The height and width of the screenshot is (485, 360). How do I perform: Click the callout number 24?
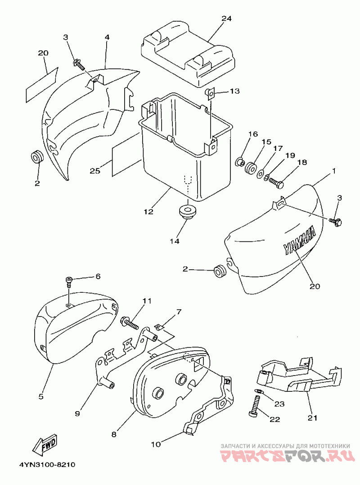[x=226, y=18]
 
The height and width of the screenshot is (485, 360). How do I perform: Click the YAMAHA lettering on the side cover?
[x=299, y=240]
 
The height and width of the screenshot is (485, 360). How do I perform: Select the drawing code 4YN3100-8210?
[x=47, y=465]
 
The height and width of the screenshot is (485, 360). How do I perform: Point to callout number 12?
[x=148, y=212]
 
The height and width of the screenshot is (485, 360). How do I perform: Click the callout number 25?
[x=95, y=170]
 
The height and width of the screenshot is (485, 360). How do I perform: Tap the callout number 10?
[x=156, y=444]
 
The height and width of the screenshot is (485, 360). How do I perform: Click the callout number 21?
[x=312, y=418]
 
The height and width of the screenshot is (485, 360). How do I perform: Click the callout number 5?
[x=41, y=396]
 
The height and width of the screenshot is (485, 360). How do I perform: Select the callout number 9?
[x=77, y=413]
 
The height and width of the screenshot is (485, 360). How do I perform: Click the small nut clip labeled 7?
[x=159, y=327]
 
